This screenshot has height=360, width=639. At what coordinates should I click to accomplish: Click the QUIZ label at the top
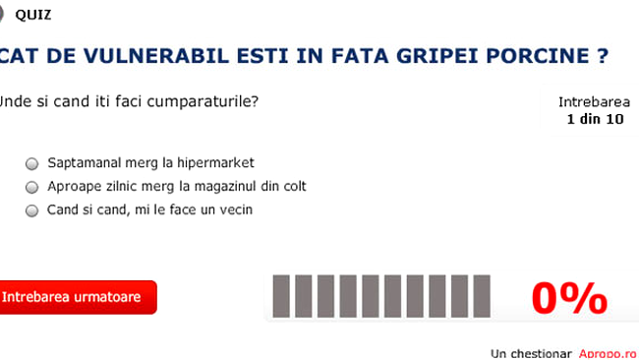(x=34, y=15)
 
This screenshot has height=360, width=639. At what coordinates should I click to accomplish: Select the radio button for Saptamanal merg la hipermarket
(x=32, y=163)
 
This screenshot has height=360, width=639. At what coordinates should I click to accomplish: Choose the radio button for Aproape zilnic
(x=32, y=187)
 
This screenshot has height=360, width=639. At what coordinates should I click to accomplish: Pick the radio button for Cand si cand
(x=32, y=210)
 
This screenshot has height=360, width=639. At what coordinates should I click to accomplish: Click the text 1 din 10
(x=595, y=119)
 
